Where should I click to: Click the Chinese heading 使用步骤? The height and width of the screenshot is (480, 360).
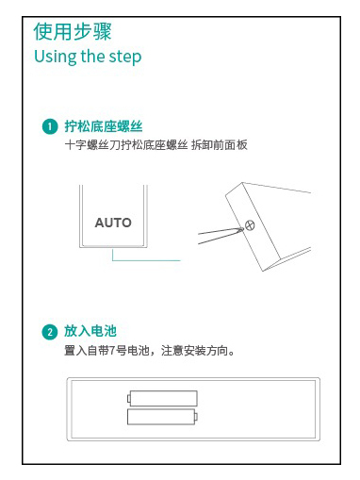point(73,31)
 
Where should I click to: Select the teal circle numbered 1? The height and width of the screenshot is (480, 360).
point(50,126)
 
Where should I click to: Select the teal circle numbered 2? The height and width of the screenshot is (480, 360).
point(50,332)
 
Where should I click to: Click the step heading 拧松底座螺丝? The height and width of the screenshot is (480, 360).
point(104,126)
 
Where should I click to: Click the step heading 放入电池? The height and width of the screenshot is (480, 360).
point(90,331)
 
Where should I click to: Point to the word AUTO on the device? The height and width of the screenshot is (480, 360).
point(113,223)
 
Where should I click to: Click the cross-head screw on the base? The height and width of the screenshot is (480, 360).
point(250,225)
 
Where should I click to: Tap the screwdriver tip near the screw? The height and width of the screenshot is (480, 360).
point(241,229)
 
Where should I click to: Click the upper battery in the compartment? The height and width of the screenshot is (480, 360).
point(162,398)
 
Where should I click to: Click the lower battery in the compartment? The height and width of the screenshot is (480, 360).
point(162,417)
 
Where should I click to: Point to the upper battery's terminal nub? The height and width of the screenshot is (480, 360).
point(129,398)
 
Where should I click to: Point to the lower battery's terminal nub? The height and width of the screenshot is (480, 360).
point(196,417)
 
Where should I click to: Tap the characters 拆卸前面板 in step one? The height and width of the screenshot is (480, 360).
point(220,145)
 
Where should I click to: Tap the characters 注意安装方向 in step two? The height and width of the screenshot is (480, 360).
point(195,350)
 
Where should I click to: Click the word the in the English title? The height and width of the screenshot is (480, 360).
point(92,57)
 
